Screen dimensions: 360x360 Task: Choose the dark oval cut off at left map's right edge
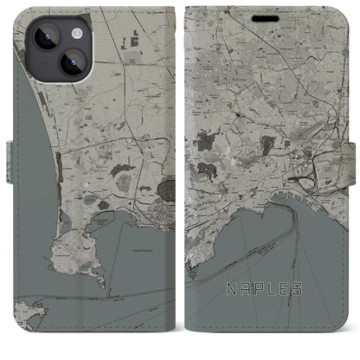tap(167, 187)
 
